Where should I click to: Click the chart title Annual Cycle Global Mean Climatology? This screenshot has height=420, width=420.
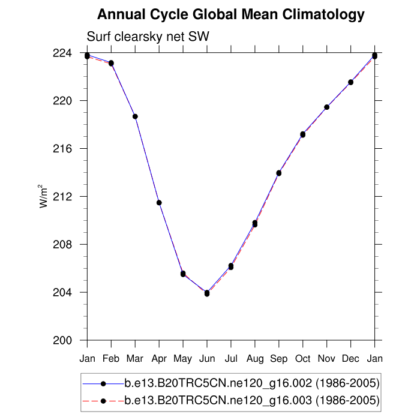click(230, 14)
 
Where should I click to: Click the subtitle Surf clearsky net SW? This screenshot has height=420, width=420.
click(148, 37)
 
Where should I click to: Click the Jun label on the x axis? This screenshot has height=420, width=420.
click(207, 359)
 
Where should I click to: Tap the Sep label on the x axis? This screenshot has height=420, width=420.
click(279, 359)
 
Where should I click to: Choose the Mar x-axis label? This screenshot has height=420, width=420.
click(135, 359)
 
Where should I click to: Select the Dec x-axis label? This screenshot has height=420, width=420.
click(351, 359)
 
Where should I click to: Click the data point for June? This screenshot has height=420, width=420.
click(207, 293)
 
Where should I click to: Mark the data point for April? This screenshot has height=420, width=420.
click(159, 203)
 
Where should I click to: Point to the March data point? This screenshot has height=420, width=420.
click(135, 116)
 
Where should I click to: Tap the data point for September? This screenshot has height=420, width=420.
click(279, 173)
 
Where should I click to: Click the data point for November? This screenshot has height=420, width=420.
click(327, 107)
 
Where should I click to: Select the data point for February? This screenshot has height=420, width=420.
click(111, 63)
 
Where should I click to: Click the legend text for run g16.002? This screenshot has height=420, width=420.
click(252, 383)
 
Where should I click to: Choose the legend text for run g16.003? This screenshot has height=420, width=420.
click(252, 400)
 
